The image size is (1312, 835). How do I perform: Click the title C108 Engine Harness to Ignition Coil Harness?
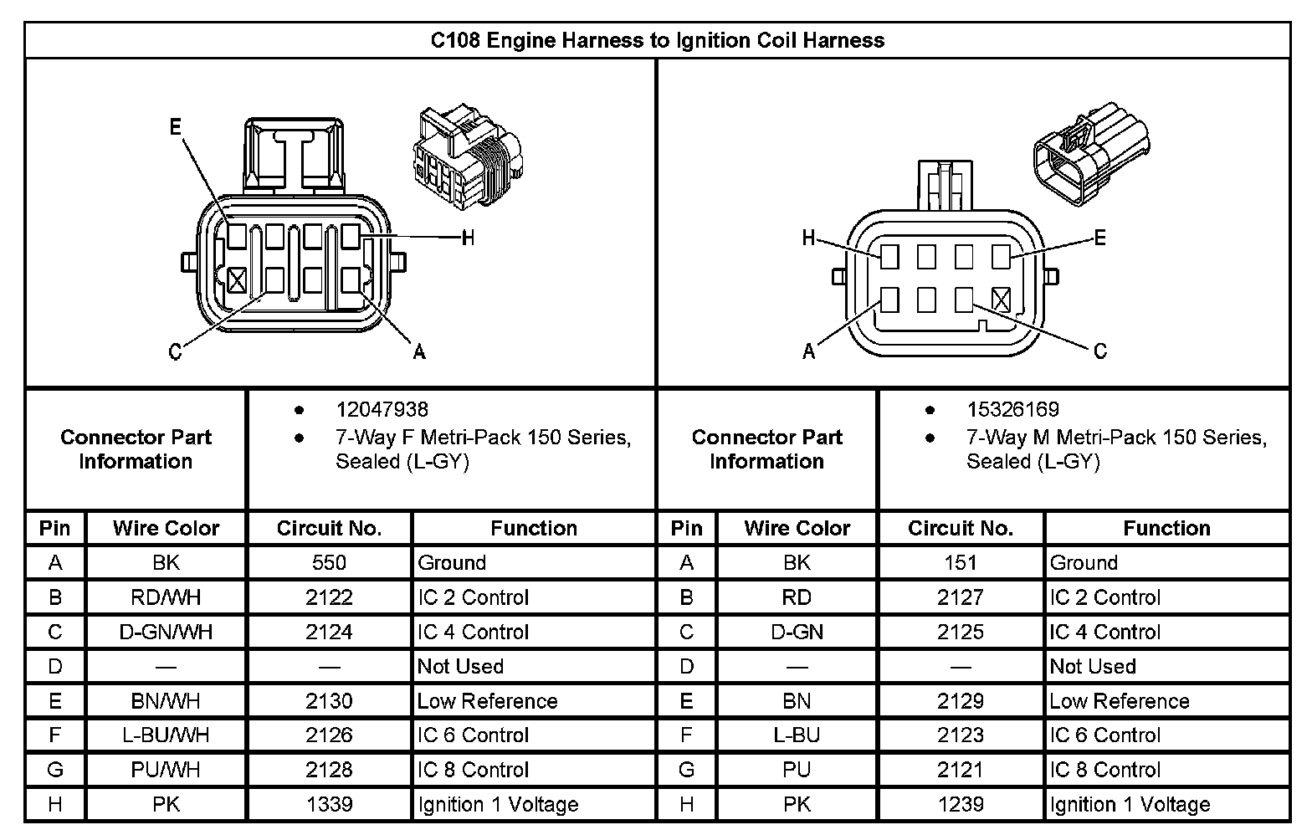tap(657, 40)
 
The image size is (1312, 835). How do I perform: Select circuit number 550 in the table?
tap(329, 563)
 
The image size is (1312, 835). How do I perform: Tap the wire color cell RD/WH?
tap(166, 597)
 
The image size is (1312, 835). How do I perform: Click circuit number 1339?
tap(329, 804)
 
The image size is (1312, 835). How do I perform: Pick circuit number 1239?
tap(960, 804)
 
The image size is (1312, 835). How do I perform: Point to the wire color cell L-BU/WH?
tap(166, 735)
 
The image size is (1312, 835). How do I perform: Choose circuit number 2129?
tap(960, 701)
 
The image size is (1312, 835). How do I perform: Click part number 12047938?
tap(382, 410)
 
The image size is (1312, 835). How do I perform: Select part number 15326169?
tap(1012, 410)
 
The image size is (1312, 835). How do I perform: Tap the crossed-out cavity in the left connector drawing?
tap(237, 279)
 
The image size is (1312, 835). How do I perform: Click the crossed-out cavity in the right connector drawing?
tap(1001, 299)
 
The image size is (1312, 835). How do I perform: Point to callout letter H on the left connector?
tap(468, 238)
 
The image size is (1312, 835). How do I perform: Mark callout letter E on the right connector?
tap(1099, 238)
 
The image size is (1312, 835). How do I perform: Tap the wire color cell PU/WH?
tap(166, 770)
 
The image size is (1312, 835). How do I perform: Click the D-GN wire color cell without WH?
tap(797, 632)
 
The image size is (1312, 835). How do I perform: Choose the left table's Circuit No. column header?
tap(329, 529)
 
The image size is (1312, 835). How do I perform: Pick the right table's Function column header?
tap(1166, 529)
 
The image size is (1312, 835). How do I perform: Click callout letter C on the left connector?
tap(175, 351)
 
